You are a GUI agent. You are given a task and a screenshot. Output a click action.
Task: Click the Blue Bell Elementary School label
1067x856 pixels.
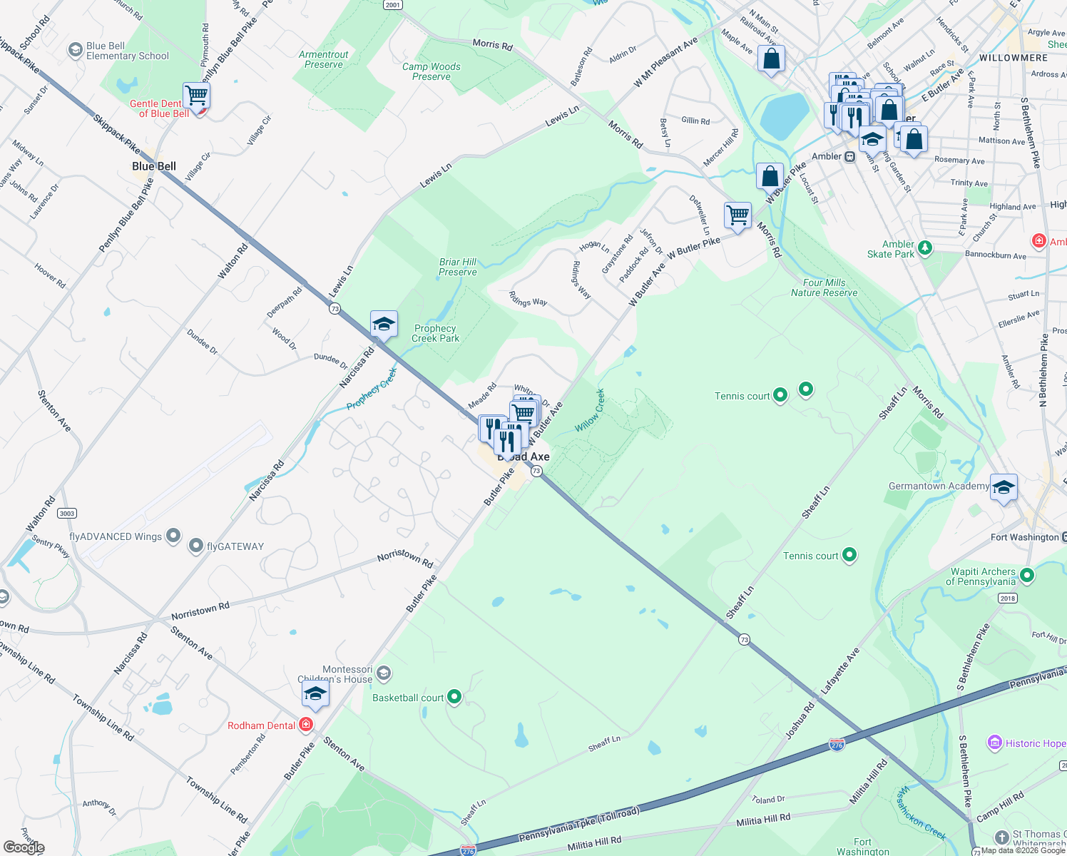coord(127,51)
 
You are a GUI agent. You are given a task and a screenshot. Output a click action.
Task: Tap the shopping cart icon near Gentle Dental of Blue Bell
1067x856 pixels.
coord(195,95)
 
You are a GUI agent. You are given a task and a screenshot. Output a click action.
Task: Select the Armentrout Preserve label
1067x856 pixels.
coord(324,59)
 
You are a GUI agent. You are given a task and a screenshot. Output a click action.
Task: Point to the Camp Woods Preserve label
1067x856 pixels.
coord(432,71)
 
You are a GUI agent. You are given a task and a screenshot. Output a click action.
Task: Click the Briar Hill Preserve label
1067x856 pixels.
coord(458,267)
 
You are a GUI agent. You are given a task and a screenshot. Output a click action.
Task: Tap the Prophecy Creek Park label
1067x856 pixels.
coord(435,333)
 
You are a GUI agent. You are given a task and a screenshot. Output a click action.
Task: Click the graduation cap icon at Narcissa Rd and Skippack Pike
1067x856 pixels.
coord(384,325)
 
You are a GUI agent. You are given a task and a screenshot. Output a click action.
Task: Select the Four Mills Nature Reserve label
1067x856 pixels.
coord(824,287)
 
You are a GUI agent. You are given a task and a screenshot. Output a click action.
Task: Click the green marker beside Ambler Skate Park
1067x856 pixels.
coord(925,248)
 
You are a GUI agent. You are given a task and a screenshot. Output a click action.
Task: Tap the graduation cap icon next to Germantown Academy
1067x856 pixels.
coord(1004,487)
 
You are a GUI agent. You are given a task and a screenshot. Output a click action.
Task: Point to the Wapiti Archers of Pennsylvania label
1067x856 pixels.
coord(982,576)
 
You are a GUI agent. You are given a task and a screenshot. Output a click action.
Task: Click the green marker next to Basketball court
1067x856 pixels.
coord(454,697)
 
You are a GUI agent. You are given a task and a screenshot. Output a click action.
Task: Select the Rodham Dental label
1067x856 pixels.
coord(261,725)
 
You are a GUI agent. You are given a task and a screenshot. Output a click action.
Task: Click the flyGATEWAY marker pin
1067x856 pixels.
coord(196,546)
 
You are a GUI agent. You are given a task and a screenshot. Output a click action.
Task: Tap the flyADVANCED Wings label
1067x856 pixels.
coord(116,536)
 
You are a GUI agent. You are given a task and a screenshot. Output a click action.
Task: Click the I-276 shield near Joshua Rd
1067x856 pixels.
coord(837,745)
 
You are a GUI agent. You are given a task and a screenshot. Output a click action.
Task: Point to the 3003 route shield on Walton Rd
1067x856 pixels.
coord(67,514)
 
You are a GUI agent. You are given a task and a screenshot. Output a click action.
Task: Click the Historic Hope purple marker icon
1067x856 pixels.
coord(994,743)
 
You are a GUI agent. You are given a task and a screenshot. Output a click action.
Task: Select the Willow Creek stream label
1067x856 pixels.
coord(590,410)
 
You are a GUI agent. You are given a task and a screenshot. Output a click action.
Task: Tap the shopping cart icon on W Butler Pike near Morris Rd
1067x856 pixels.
coord(737,215)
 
